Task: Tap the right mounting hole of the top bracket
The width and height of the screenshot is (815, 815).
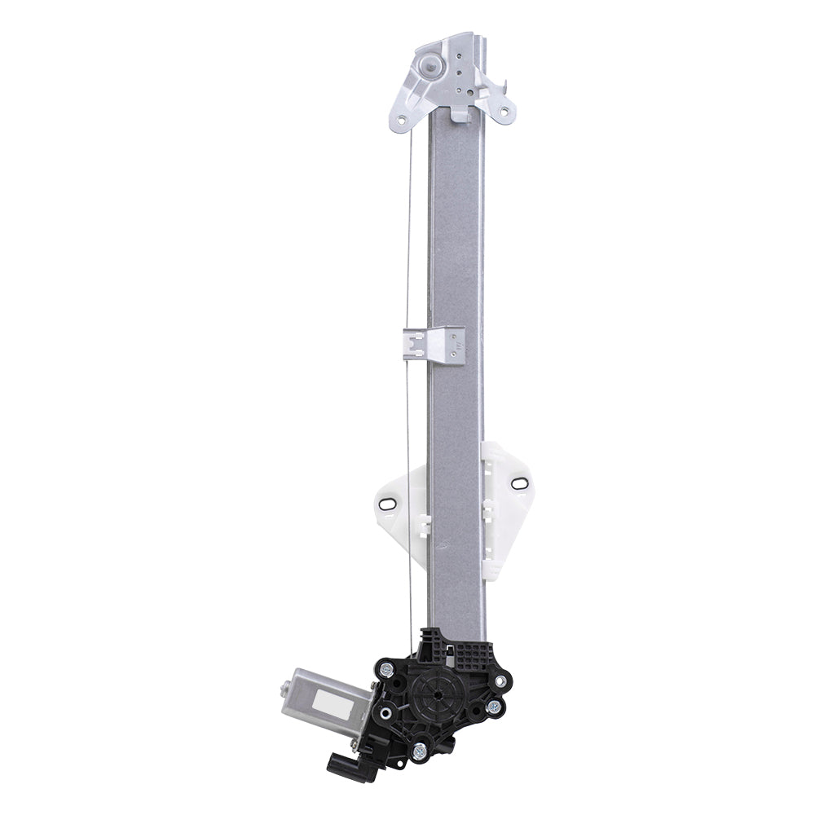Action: (504, 109)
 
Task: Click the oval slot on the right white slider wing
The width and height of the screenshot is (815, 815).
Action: (518, 482)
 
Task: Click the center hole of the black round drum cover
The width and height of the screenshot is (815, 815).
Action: (438, 694)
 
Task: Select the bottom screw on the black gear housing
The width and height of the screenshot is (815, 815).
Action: (420, 751)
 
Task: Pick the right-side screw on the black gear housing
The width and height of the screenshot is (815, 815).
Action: (494, 707)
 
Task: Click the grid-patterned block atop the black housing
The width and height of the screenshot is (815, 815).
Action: (469, 652)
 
